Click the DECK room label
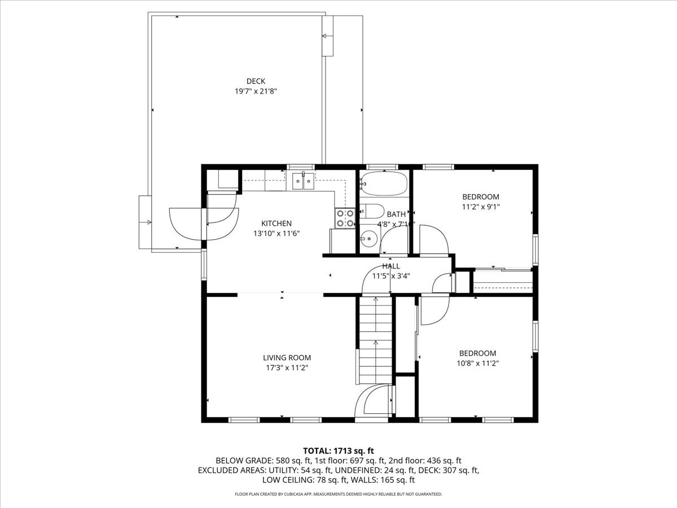point(256,81)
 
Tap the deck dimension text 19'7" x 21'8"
point(256,91)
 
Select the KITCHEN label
point(276,224)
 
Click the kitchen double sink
point(303,182)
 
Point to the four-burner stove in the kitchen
point(345,218)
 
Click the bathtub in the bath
point(384,183)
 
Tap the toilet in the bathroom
point(371,211)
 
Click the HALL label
point(391,266)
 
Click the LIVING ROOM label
point(287,357)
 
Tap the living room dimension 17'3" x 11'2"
point(287,367)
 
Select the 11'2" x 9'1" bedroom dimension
point(481,207)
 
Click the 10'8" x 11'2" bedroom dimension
point(477,364)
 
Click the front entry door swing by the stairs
point(372,402)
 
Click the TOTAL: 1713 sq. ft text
point(338,450)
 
